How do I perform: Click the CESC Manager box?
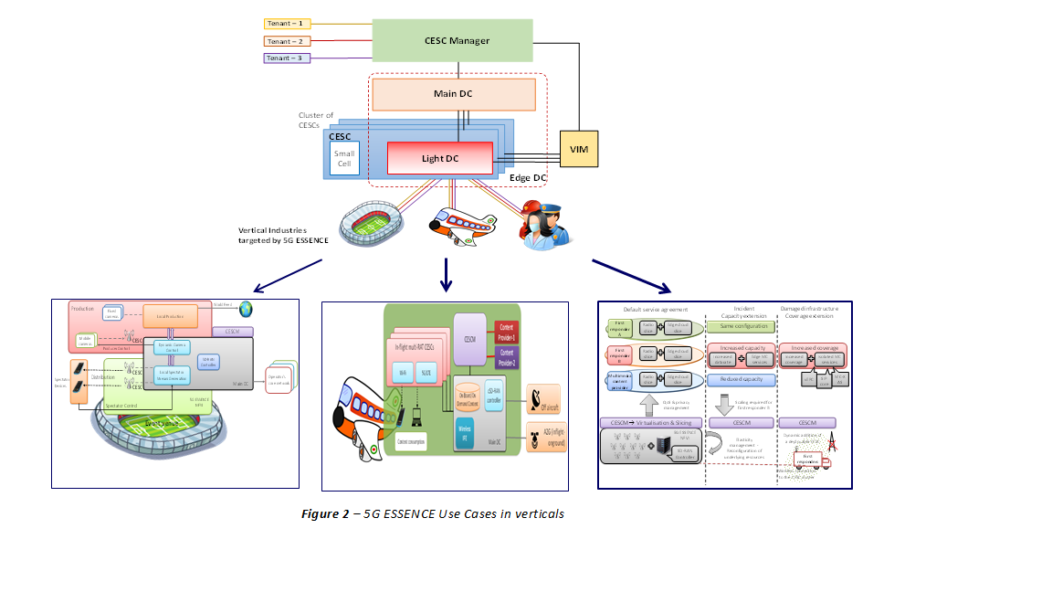456,40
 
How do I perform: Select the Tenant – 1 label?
288,23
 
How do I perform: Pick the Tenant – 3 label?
288,58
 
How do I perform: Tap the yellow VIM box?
579,148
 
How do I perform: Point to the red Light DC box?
441,158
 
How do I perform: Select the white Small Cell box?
344,160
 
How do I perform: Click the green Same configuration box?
741,326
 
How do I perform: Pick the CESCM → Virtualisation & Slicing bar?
652,422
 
